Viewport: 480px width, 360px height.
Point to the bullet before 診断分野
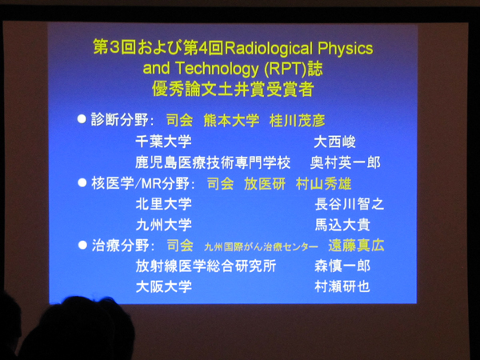pyautogui.click(x=81, y=119)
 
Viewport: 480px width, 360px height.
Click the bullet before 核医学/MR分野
pyautogui.click(x=81, y=182)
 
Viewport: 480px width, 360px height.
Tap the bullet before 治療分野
pyautogui.click(x=81, y=244)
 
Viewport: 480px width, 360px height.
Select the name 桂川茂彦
pyautogui.click(x=297, y=121)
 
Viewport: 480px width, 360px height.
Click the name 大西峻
pyautogui.click(x=334, y=142)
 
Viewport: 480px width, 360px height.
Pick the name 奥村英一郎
pyautogui.click(x=345, y=162)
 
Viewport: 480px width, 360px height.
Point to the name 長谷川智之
pyautogui.click(x=350, y=204)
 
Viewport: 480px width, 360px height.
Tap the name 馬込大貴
pyautogui.click(x=342, y=225)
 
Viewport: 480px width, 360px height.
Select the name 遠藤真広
pyautogui.click(x=356, y=246)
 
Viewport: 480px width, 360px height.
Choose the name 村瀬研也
pyautogui.click(x=342, y=286)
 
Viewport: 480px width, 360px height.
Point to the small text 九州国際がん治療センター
pyautogui.click(x=261, y=246)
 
